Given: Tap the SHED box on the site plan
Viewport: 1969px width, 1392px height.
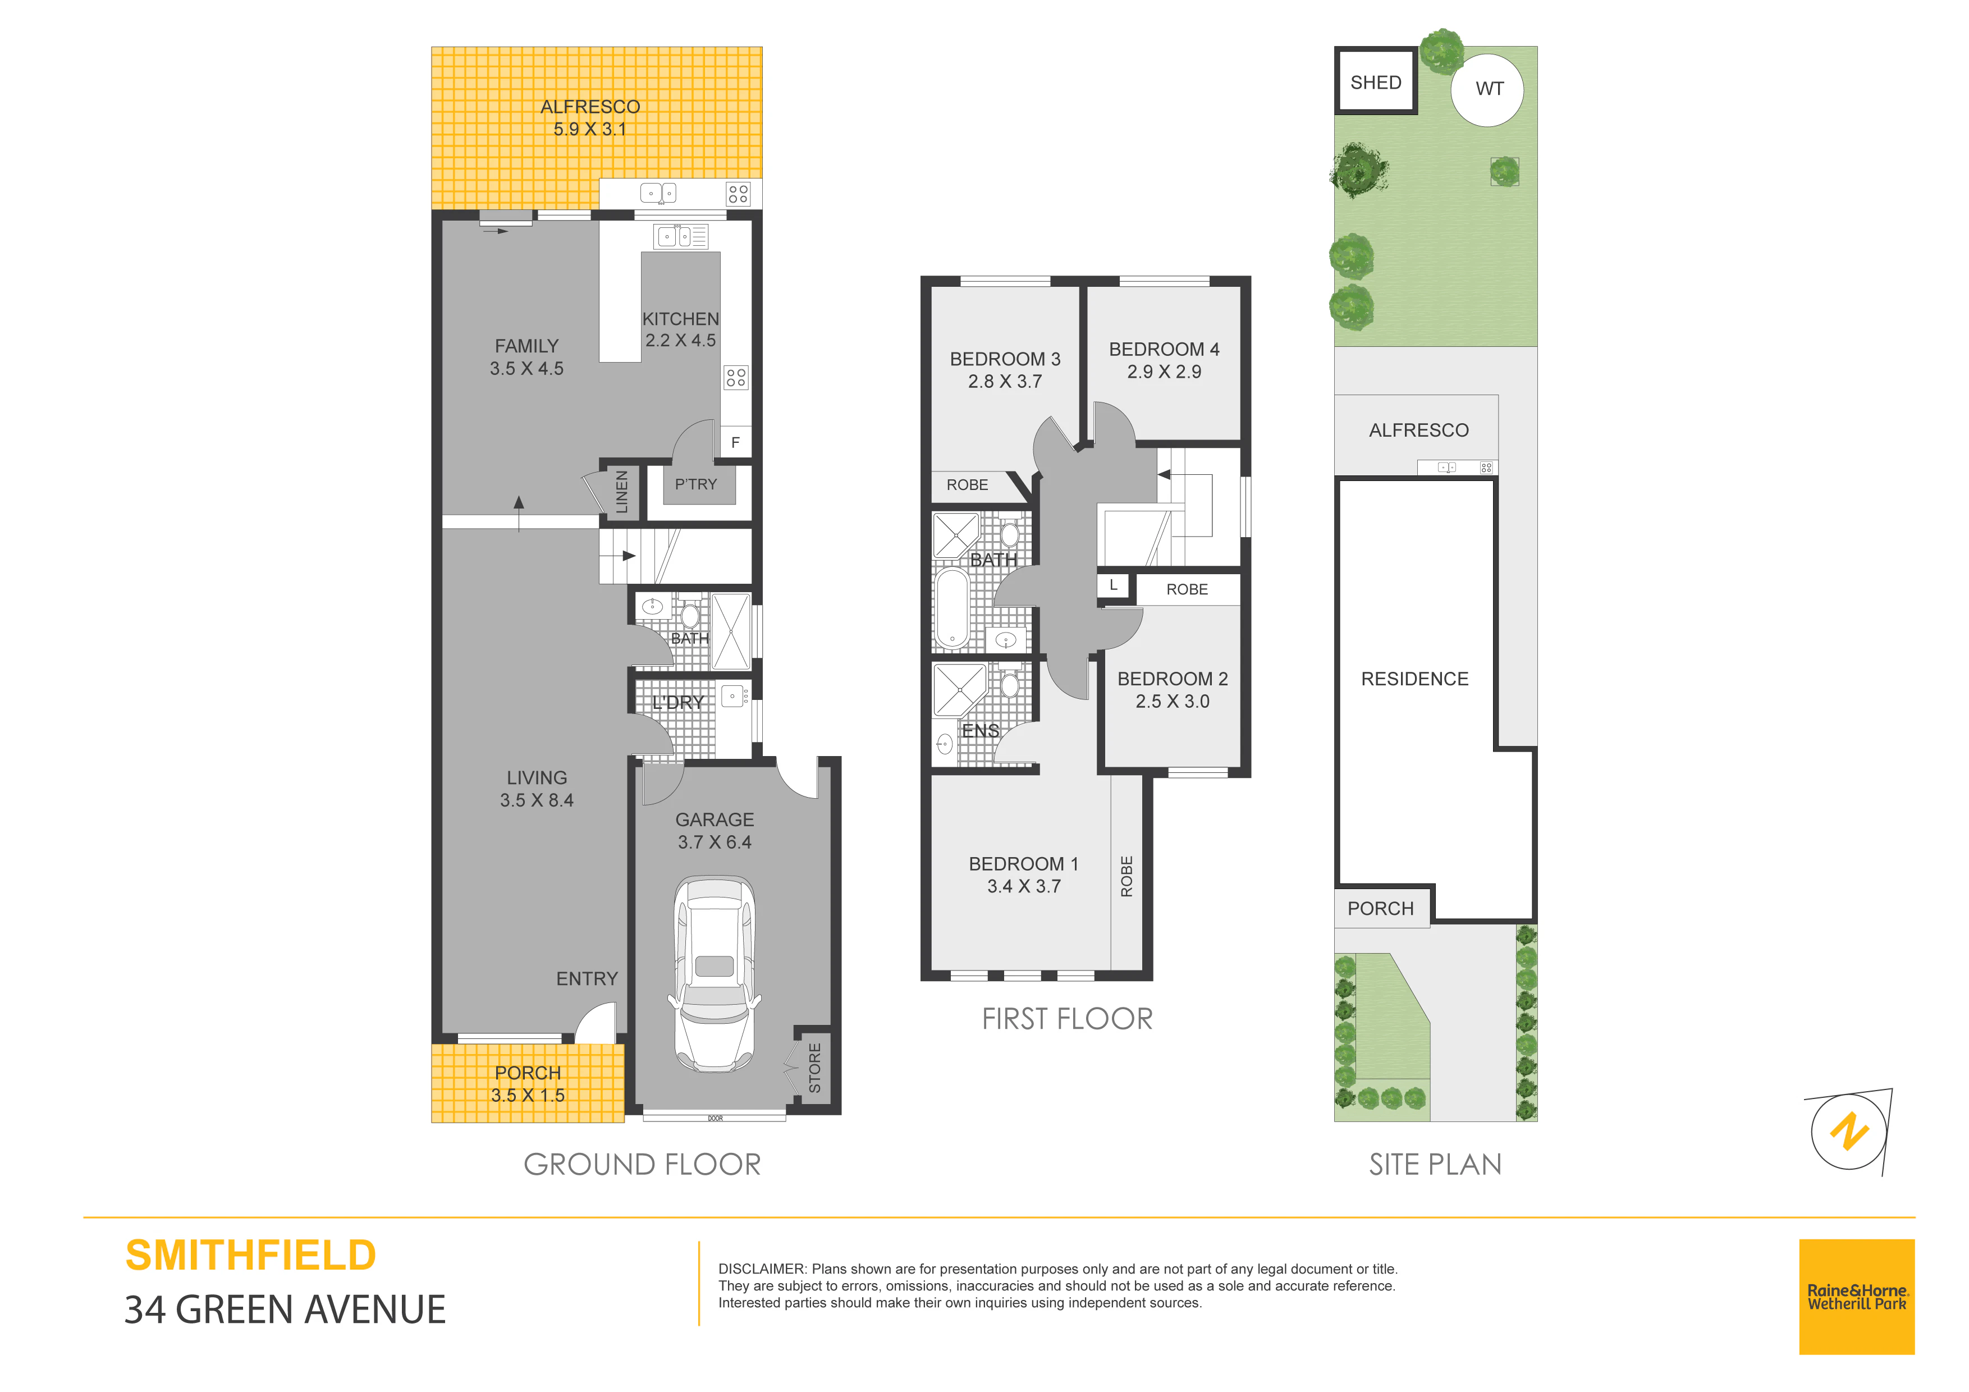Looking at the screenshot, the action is tap(1376, 81).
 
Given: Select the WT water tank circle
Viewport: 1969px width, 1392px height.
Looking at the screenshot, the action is tap(1488, 89).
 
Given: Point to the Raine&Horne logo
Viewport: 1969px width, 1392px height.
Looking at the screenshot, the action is tap(1857, 1297).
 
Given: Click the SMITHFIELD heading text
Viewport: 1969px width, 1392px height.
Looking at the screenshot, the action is tap(250, 1256).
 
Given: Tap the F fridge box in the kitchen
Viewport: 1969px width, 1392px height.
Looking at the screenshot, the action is tap(735, 442).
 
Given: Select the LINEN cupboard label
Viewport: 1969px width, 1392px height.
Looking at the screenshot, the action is tap(622, 492).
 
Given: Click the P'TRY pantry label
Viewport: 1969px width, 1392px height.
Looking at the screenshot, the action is tap(695, 484).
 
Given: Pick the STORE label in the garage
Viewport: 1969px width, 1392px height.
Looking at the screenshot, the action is tap(814, 1068).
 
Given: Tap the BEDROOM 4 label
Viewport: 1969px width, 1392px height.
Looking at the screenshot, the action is tap(1164, 349).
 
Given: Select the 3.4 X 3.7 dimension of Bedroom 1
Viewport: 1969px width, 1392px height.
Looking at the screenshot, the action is tap(1024, 886).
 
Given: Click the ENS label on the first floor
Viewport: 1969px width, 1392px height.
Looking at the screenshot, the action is tap(980, 731).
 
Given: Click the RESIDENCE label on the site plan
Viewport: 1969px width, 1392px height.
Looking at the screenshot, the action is tap(1415, 679).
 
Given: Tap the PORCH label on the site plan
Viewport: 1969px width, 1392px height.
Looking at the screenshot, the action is tap(1381, 908).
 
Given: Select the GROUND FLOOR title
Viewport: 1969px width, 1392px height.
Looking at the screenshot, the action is tap(642, 1164).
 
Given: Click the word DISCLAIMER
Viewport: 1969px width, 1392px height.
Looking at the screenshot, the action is tap(762, 1269).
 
